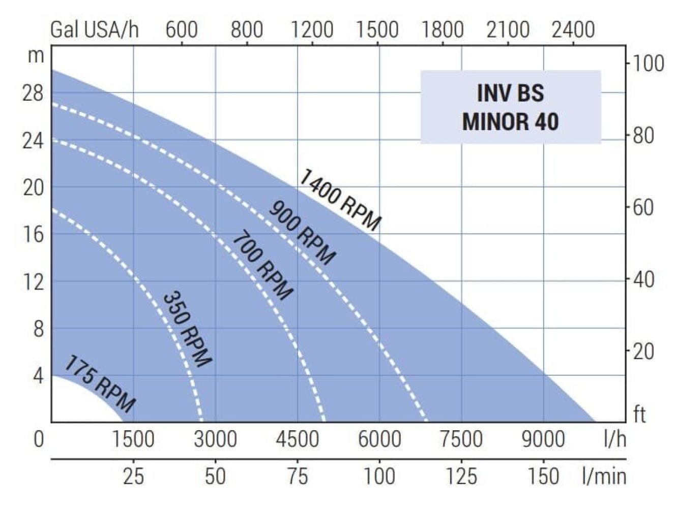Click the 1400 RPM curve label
339,200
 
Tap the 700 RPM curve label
262,266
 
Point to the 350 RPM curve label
187,329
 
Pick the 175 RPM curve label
100,384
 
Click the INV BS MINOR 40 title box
510,107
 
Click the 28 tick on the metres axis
34,94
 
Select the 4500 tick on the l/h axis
298,439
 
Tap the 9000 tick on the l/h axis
543,439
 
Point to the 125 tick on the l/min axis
461,477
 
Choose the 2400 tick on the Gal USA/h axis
573,30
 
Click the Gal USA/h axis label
95,30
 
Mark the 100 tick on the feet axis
647,64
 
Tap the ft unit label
639,415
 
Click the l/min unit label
604,477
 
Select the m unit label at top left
36,55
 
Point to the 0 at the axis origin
39,439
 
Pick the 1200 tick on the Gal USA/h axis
312,30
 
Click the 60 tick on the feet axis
642,207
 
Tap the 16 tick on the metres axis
34,234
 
